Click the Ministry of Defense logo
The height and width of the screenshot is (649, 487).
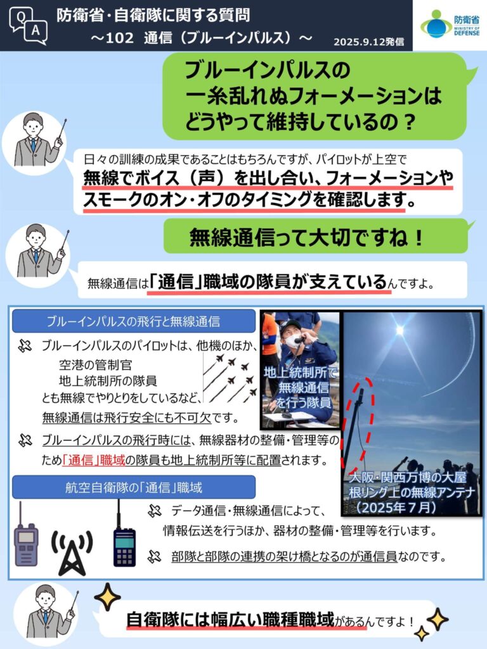(450, 25)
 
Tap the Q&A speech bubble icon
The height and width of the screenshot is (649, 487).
(28, 25)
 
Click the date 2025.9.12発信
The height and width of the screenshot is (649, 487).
(368, 42)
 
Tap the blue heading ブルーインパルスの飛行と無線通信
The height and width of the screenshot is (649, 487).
(133, 321)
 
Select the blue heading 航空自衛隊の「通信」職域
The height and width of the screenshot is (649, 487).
(133, 487)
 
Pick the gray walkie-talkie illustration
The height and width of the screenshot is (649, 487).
(26, 534)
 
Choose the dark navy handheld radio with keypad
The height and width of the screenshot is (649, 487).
(124, 534)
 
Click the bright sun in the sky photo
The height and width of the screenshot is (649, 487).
(399, 330)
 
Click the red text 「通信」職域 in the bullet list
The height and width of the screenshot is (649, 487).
(94, 460)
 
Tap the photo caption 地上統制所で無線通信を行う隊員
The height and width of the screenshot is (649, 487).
(300, 387)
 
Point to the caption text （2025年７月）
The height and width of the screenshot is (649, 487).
(397, 508)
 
